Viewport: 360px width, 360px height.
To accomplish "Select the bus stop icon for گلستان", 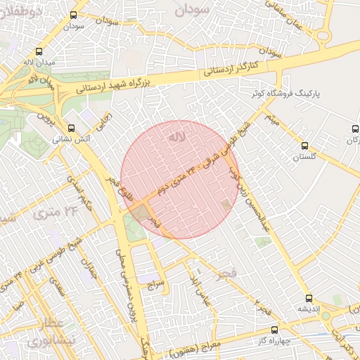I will coord(304,146).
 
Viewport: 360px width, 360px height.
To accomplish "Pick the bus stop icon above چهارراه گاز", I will coord(274,329).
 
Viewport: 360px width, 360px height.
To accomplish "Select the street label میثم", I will coord(271,120).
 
